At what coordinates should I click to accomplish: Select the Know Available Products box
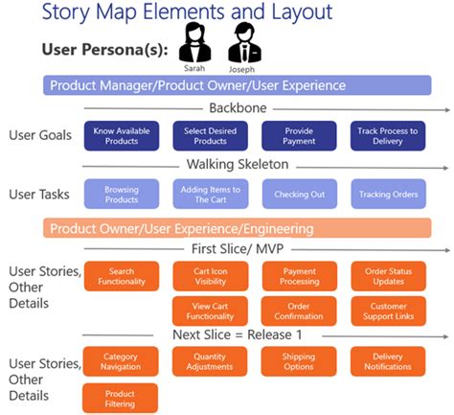click(x=121, y=136)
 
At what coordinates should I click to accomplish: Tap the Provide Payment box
click(x=298, y=136)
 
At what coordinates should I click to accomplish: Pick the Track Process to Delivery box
click(x=388, y=136)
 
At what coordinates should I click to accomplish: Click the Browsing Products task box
click(x=121, y=195)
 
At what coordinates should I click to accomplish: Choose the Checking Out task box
click(x=298, y=195)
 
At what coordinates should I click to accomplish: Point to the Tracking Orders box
click(x=388, y=195)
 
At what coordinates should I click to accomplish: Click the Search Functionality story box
click(x=121, y=276)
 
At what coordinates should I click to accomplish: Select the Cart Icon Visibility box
click(x=209, y=276)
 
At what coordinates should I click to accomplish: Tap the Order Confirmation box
click(x=298, y=311)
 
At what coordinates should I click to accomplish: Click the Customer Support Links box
click(x=388, y=311)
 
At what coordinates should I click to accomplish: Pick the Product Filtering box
click(x=121, y=398)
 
